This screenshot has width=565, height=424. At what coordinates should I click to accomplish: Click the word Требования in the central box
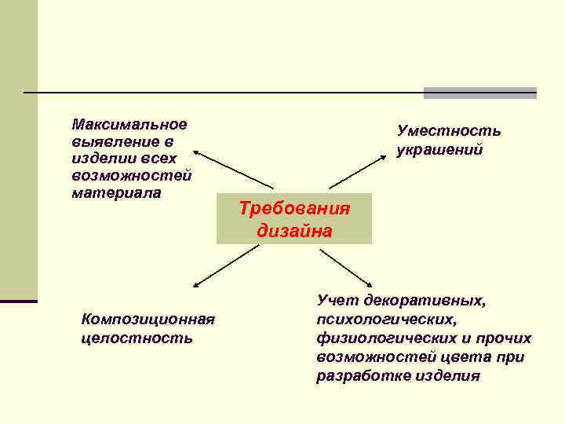pos(294,210)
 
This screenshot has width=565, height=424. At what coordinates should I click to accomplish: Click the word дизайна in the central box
pos(294,232)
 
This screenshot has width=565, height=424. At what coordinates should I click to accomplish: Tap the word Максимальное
pos(129,124)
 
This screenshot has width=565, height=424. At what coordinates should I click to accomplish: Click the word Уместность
pos(449,131)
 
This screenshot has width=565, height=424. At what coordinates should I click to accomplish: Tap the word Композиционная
pos(148,320)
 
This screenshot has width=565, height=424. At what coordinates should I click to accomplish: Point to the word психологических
pos(385,320)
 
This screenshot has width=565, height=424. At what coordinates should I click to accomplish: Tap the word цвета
pos(468,357)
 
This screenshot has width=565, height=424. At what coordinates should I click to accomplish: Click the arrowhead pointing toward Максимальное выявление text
pos(197,153)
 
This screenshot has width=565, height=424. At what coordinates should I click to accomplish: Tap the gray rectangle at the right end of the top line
pos(479,93)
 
